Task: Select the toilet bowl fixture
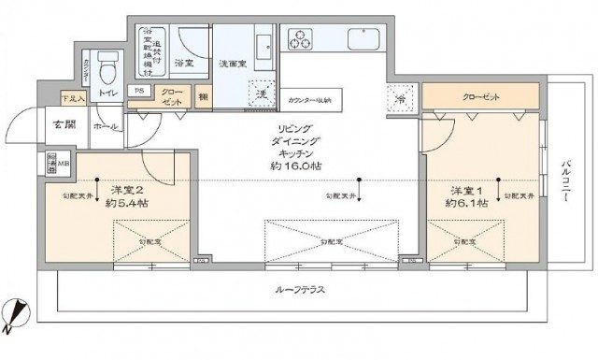tap(107, 67)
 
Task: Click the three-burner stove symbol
tap(302, 40)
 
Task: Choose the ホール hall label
tap(105, 124)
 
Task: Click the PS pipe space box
tap(139, 92)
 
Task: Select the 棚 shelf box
tap(204, 94)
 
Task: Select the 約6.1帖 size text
tap(465, 201)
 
